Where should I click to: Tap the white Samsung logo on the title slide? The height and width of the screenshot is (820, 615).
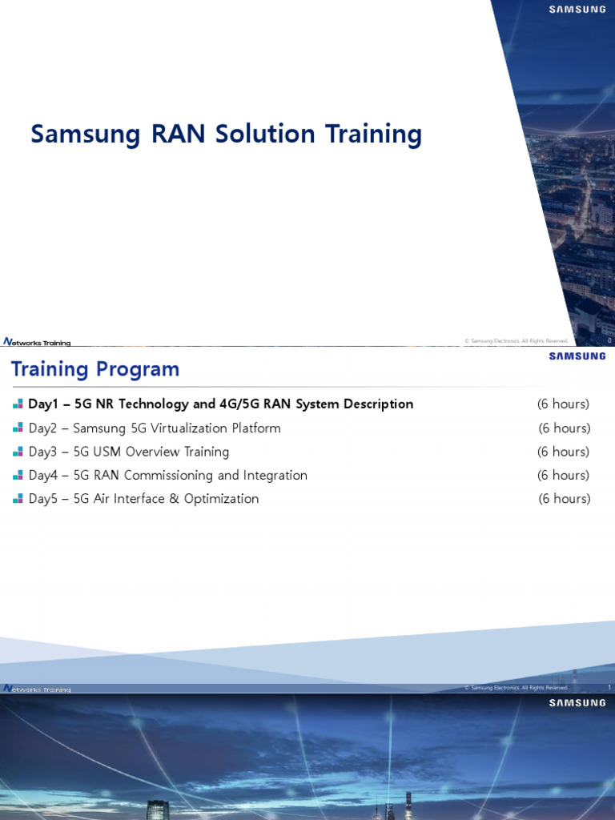click(577, 10)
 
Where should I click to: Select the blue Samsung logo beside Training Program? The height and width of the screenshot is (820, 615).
click(577, 356)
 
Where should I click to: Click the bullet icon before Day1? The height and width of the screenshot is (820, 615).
click(18, 404)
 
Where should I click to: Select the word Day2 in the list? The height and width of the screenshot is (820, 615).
click(43, 428)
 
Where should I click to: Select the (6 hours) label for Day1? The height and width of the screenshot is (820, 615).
click(563, 404)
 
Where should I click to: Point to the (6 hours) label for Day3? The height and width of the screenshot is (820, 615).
click(563, 452)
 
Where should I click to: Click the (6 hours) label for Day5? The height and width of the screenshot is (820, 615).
click(564, 499)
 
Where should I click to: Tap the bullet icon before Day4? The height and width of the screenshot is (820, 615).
click(18, 476)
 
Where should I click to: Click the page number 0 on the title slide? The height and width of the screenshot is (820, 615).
click(609, 341)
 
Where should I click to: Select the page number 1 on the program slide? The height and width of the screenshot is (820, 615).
click(609, 688)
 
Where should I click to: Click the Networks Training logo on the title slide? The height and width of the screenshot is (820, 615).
click(37, 343)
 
